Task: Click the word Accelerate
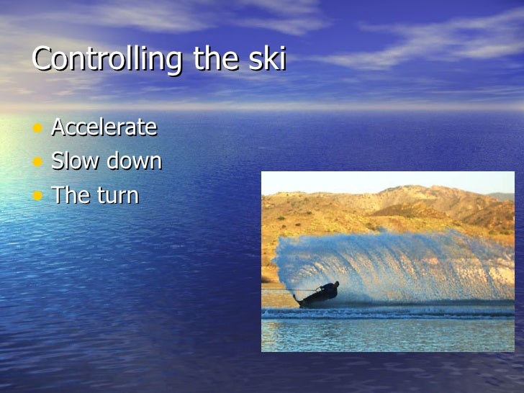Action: coord(104,127)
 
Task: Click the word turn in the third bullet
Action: coord(116,195)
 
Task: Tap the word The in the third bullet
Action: coord(69,195)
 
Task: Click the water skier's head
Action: coord(335,284)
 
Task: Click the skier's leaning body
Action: coord(327,292)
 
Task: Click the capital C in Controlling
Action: coord(41,59)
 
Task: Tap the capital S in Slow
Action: coord(58,161)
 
